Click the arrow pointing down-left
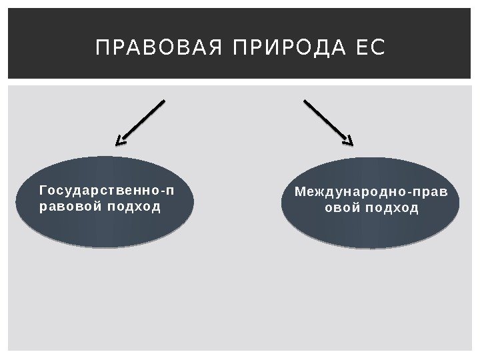pyautogui.click(x=140, y=122)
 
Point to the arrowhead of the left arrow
pyautogui.click(x=119, y=141)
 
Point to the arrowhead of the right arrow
pyautogui.click(x=349, y=141)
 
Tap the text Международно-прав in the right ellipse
pyautogui.click(x=371, y=193)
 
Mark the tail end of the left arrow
pyautogui.click(x=163, y=101)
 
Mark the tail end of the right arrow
pyautogui.click(x=305, y=101)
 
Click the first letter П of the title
pyautogui.click(x=102, y=48)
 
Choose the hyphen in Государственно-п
pyautogui.click(x=159, y=192)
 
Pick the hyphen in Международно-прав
pyautogui.click(x=410, y=193)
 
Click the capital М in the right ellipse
pyautogui.click(x=300, y=193)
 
